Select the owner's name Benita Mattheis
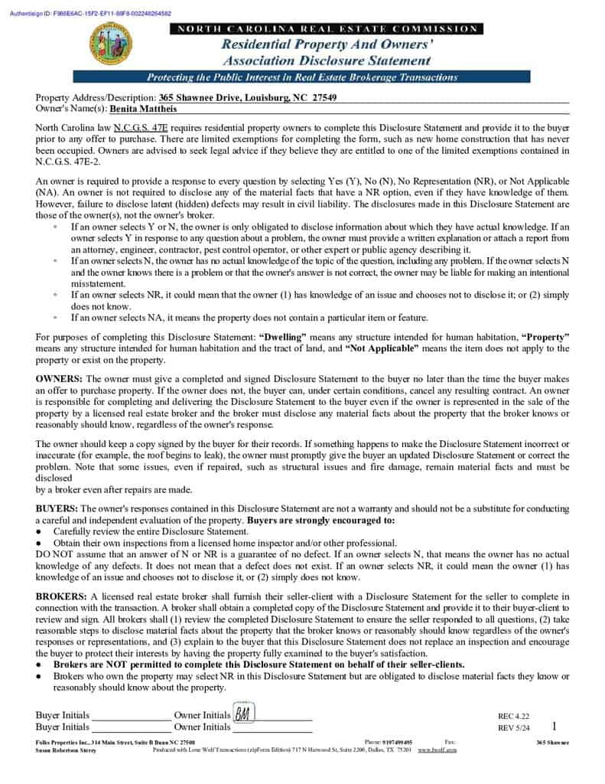click(144, 109)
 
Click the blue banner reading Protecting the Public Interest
click(301, 77)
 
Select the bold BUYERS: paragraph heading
click(57, 508)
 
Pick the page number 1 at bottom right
click(554, 726)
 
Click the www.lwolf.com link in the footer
click(437, 750)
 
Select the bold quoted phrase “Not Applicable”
click(382, 348)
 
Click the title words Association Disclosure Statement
click(327, 60)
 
